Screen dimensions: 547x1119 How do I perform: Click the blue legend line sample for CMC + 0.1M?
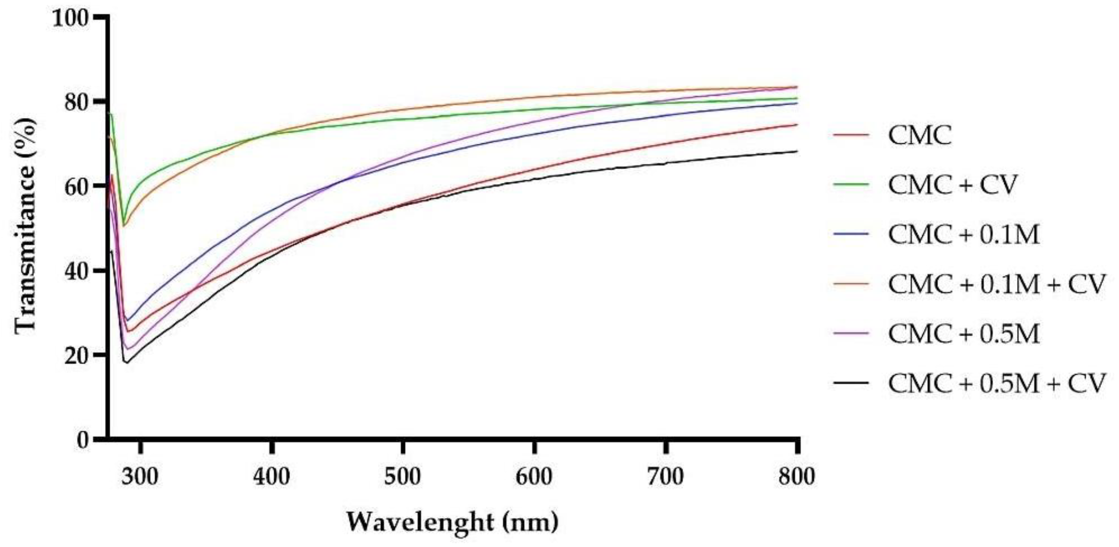(x=851, y=234)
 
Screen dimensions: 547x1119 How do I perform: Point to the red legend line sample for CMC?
(x=851, y=135)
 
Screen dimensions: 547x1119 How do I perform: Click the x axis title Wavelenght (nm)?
(x=452, y=523)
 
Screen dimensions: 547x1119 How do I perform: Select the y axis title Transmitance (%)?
(x=25, y=226)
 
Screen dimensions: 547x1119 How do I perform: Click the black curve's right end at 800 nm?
(x=797, y=151)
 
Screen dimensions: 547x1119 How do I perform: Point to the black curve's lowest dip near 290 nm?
(x=126, y=363)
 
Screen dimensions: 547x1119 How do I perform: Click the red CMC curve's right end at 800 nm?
(x=797, y=125)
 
